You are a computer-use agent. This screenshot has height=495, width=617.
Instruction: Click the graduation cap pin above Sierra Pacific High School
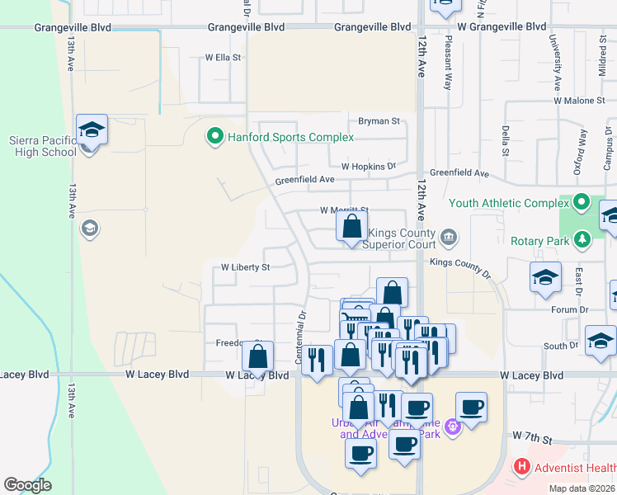click(92, 130)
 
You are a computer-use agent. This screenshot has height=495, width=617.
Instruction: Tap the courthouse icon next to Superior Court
click(449, 238)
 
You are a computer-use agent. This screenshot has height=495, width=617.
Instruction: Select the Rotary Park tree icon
click(582, 239)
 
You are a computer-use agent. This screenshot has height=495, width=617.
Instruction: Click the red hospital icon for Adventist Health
click(521, 467)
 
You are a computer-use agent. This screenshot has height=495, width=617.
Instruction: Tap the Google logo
click(27, 485)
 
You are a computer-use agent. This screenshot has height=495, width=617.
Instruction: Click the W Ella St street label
click(223, 58)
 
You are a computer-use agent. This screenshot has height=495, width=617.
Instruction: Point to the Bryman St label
click(379, 120)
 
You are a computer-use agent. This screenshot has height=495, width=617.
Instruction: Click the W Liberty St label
click(246, 267)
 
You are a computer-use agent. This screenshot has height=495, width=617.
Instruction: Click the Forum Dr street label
click(572, 309)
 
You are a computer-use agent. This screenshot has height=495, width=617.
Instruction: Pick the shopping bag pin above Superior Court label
click(351, 226)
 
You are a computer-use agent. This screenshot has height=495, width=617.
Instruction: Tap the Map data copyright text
click(582, 488)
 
